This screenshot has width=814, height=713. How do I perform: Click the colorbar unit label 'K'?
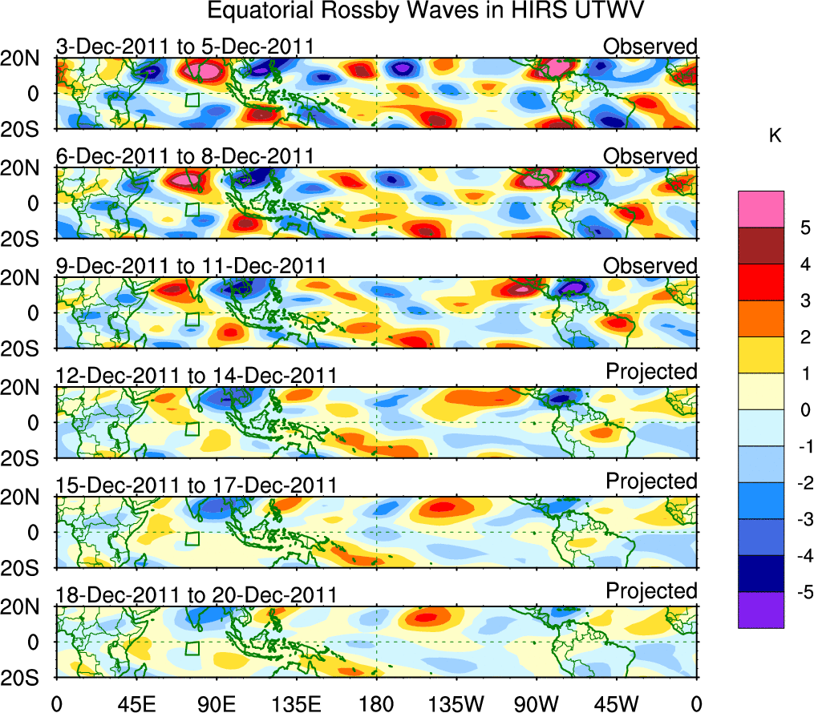pos(775,137)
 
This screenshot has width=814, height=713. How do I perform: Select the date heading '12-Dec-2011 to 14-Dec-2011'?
pos(196,376)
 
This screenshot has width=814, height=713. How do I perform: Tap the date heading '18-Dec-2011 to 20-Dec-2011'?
pos(196,595)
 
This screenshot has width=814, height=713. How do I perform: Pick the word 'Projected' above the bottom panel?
pos(651,591)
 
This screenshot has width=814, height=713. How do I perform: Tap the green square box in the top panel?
pos(192,99)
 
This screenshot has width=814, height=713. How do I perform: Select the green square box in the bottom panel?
pos(192,648)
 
